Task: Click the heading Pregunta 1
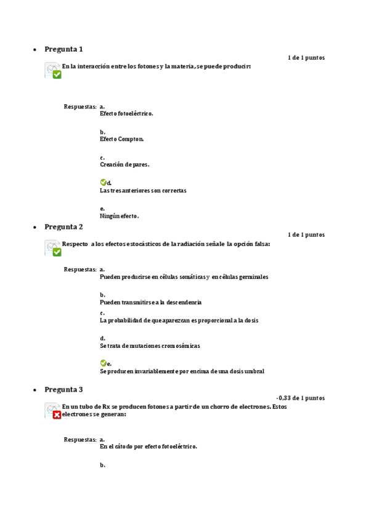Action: pos(63,49)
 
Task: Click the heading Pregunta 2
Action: pos(63,227)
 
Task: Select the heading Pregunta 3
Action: pos(63,390)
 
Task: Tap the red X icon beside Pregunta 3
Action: pos(57,415)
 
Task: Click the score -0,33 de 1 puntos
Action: pos(301,398)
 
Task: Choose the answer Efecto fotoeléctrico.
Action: pos(126,113)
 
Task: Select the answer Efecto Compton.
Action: pos(121,139)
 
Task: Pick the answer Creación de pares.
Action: pos(124,165)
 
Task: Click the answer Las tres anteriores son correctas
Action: pos(143,191)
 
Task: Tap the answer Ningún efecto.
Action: pos(120,216)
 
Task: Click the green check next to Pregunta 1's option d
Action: pos(103,183)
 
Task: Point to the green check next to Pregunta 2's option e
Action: pos(103,363)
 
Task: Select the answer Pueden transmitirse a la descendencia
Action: pos(151,302)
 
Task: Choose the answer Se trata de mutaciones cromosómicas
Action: pos(150,345)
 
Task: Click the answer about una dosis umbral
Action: pos(182,371)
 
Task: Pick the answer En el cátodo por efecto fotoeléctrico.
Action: pos(148,447)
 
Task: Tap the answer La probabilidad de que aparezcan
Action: pos(179,320)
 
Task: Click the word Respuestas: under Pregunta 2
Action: pos(80,270)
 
